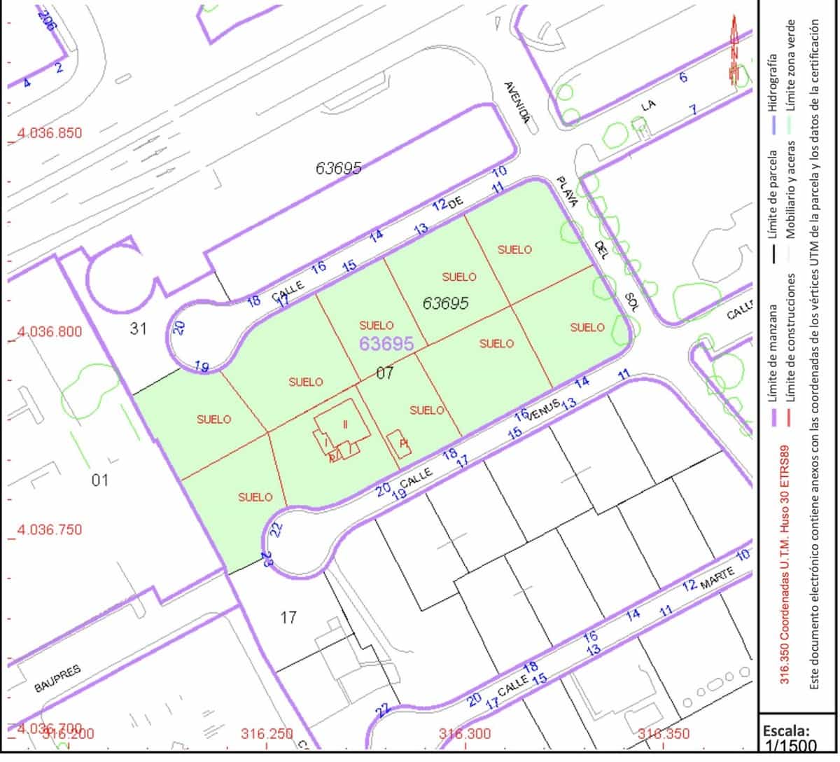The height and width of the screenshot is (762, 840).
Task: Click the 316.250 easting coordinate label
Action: pyautogui.click(x=267, y=734)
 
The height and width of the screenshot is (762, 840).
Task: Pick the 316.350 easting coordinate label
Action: pyautogui.click(x=664, y=734)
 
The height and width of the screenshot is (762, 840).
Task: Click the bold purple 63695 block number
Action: pyautogui.click(x=386, y=344)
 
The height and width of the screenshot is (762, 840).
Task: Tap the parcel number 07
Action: pyautogui.click(x=385, y=373)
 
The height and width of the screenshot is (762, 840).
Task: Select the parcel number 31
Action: pyautogui.click(x=139, y=327)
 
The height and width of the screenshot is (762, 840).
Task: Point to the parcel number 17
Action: pyautogui.click(x=288, y=618)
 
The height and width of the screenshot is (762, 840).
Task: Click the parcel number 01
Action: pyautogui.click(x=101, y=480)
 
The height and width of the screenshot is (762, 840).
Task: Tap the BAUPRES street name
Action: pyautogui.click(x=58, y=679)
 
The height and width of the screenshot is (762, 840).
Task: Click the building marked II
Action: pyautogui.click(x=344, y=424)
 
